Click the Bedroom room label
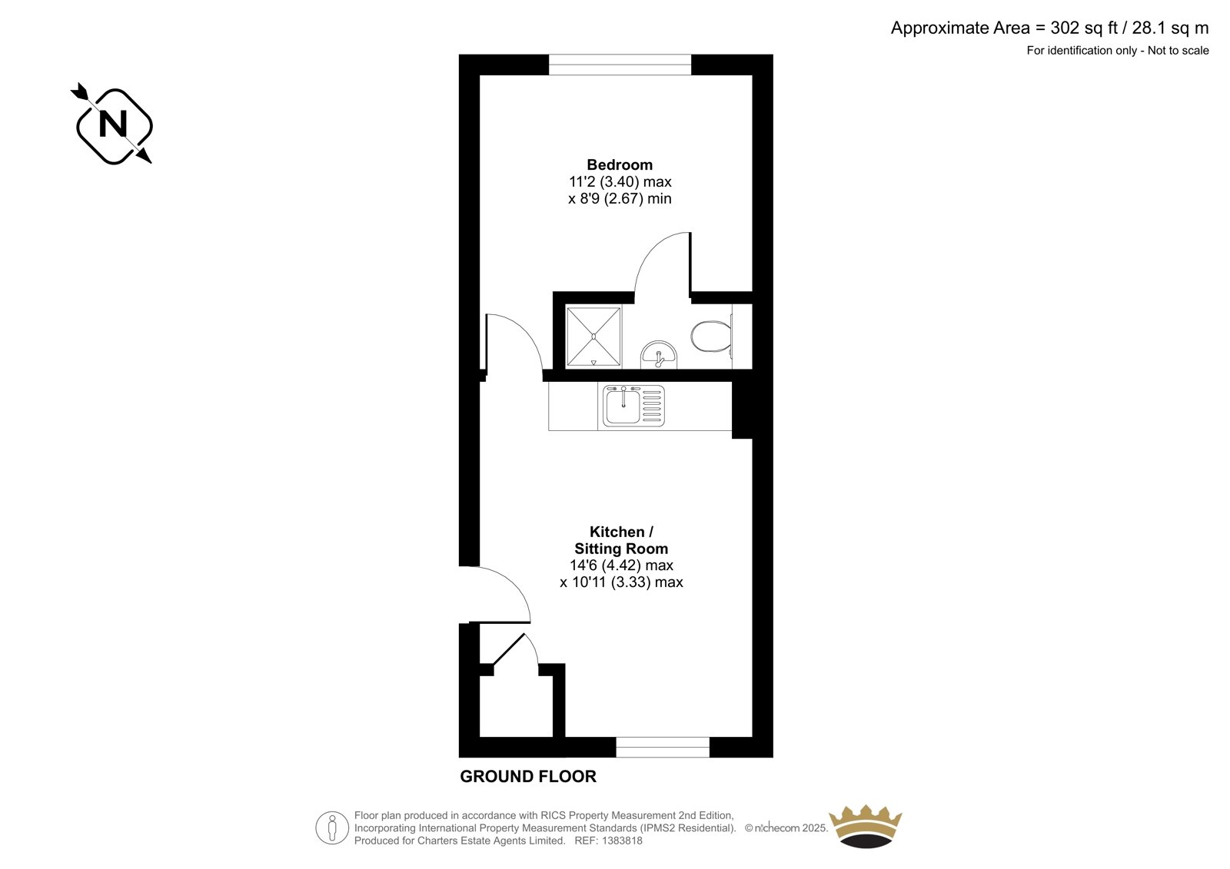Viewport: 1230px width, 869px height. coord(619,164)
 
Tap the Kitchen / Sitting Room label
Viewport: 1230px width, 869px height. coord(620,540)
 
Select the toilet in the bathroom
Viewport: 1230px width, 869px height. coord(710,337)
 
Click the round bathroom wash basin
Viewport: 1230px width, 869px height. coord(659,354)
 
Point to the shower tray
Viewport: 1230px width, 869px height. coord(593,337)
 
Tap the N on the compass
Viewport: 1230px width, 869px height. coord(114,124)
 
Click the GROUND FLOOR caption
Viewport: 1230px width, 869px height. coord(527,777)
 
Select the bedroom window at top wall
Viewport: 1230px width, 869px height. coord(620,65)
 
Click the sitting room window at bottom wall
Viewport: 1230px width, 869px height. coord(662,747)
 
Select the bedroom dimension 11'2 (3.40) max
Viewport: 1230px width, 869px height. coord(620,182)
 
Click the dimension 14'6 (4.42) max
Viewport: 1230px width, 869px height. coord(621,566)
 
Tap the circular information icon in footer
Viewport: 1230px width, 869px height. coord(332,828)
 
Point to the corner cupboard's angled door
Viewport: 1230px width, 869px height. coord(508,649)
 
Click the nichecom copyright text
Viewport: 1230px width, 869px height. coord(786,828)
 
